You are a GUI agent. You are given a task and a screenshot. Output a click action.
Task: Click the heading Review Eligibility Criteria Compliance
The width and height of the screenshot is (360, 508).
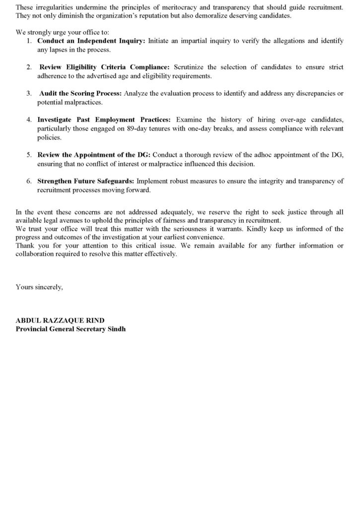[105, 67]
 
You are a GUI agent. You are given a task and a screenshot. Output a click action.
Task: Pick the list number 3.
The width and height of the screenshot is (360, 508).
[29, 93]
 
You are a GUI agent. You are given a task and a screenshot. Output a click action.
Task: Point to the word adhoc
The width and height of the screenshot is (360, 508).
[262, 155]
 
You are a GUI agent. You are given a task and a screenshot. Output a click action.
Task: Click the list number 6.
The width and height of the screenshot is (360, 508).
[29, 181]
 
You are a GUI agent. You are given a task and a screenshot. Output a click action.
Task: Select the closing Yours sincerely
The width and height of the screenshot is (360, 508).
[39, 287]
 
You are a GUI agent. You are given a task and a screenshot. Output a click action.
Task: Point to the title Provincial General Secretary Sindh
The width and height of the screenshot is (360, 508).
[71, 329]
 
